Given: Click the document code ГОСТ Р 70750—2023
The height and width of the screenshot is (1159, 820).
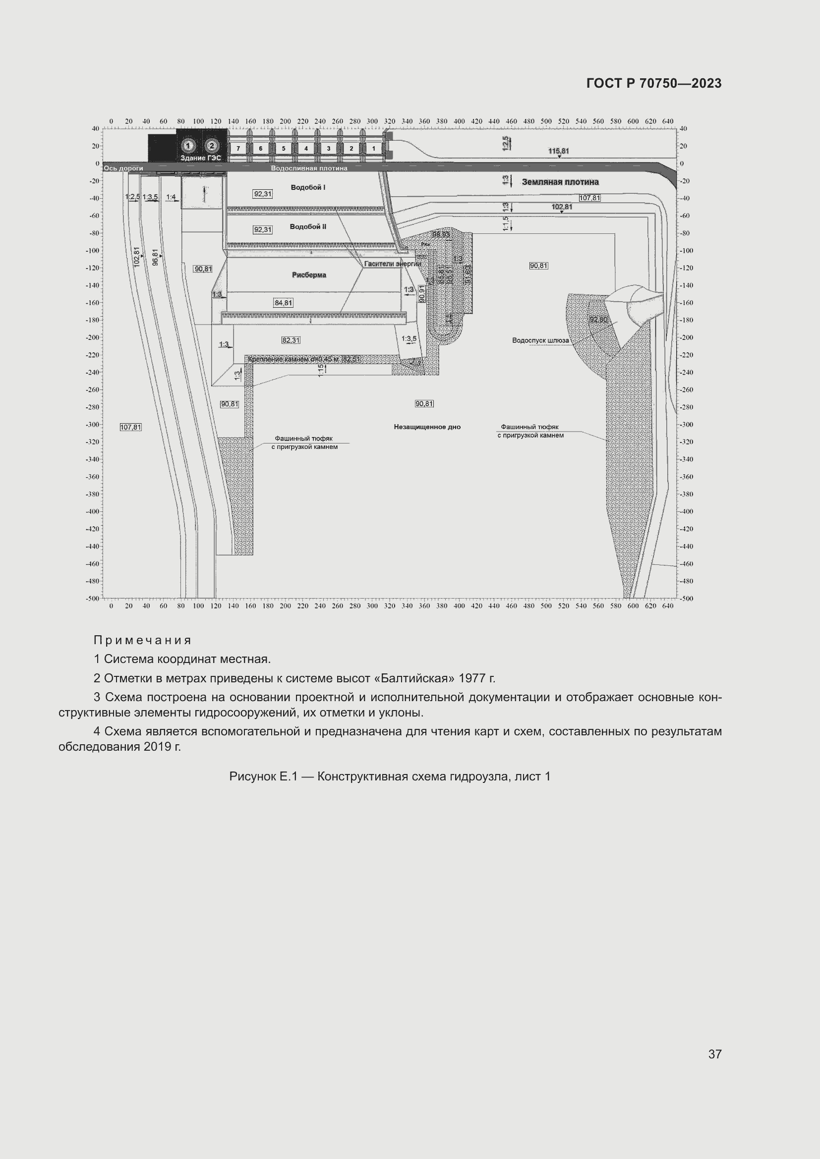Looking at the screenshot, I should click(x=654, y=83).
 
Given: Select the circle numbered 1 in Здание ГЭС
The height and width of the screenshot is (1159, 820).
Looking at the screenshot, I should click(x=188, y=146).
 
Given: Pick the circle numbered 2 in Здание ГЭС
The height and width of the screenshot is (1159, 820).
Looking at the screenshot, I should click(x=212, y=146).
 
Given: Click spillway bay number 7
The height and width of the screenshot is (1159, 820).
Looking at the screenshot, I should click(x=238, y=149).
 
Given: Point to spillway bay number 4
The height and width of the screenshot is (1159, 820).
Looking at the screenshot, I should click(x=306, y=149).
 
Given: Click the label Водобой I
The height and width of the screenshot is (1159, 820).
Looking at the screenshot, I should click(x=308, y=187).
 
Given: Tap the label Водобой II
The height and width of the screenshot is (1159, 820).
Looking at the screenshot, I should click(x=308, y=226).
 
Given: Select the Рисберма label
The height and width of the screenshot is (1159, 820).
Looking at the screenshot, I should click(x=309, y=275).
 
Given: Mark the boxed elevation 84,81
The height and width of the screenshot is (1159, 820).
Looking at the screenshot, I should click(x=283, y=303).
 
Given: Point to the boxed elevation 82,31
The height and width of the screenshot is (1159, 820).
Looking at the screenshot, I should click(x=291, y=340).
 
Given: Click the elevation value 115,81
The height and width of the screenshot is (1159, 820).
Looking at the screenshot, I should click(x=558, y=151).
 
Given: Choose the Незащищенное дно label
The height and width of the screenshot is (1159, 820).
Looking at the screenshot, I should click(x=427, y=427).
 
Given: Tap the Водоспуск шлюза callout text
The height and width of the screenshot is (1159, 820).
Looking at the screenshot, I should click(x=540, y=341).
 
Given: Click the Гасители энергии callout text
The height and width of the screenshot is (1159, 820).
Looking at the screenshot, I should click(x=392, y=264).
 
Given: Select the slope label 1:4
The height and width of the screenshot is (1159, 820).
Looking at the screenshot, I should click(x=171, y=197).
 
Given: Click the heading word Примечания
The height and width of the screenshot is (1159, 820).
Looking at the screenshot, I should click(x=142, y=641).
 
